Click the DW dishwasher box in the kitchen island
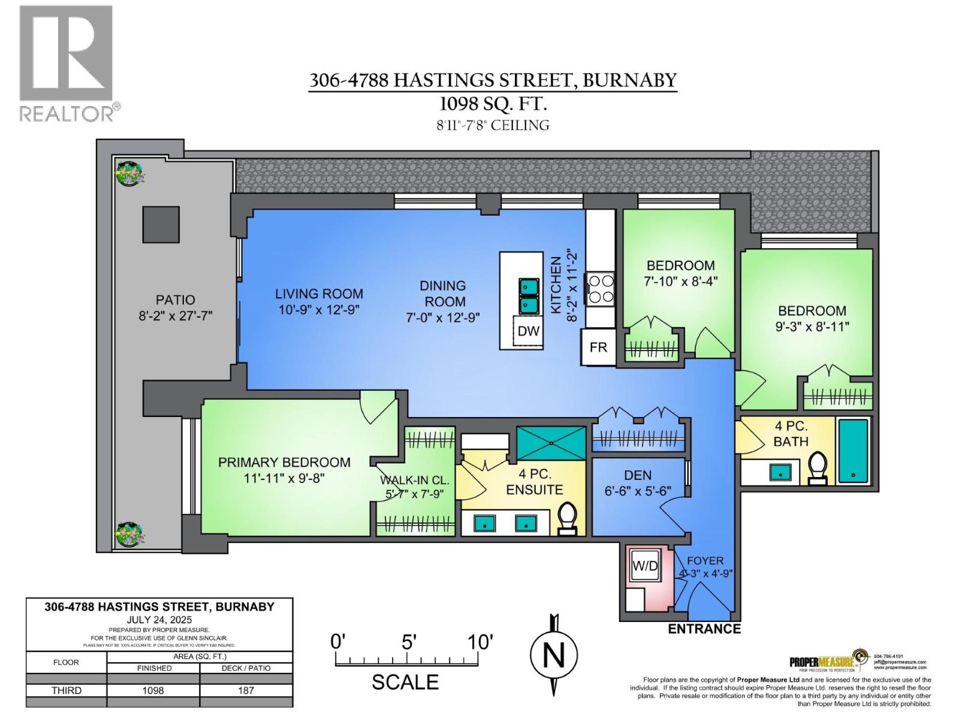coord(528,331)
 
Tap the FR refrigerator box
coord(598,347)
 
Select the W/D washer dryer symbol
coord(645,566)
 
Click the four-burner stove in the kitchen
coord(601,289)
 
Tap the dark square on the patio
coord(161,225)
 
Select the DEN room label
coord(638,475)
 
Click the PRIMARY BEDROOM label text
coord(284,463)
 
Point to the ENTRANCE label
coord(704,629)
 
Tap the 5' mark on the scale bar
coord(408,643)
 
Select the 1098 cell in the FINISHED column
coord(153,690)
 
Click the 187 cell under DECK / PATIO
coord(246,690)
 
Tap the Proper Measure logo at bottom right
coord(826,661)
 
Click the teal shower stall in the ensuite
coord(551,443)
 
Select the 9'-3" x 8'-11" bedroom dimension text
coord(812,327)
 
